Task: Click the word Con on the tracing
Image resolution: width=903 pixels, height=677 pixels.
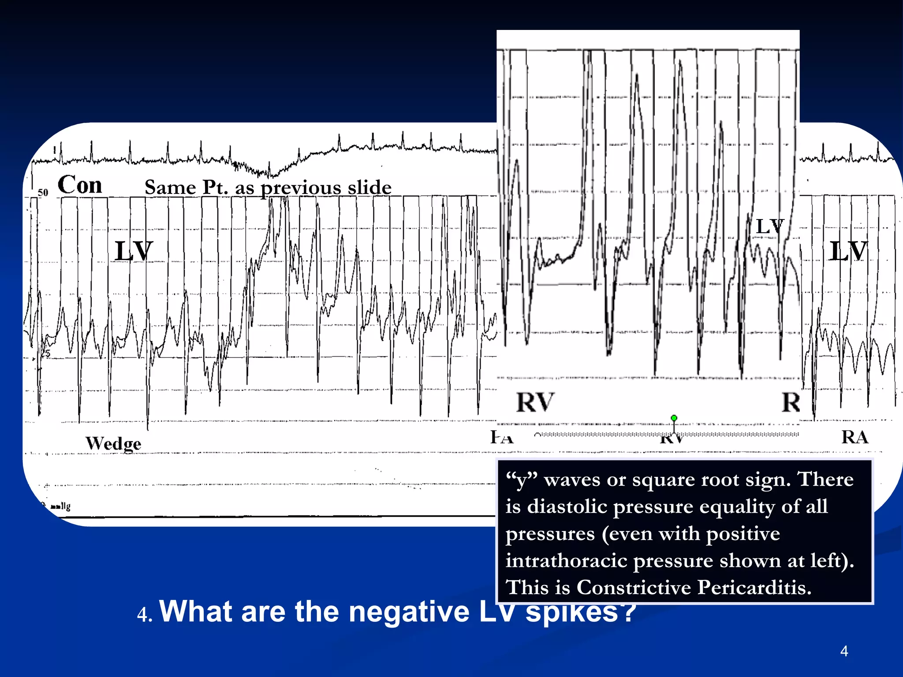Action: click(x=80, y=185)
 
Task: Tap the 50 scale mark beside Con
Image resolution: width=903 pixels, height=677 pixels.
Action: click(x=43, y=193)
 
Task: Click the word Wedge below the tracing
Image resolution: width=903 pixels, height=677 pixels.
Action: click(x=113, y=443)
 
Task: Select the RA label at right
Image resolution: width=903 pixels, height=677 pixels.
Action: click(x=854, y=437)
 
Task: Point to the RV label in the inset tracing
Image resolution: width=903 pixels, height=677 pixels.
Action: click(x=534, y=402)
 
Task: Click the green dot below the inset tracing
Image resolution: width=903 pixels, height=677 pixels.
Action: click(x=674, y=418)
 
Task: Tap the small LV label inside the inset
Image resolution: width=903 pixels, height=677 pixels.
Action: click(x=769, y=227)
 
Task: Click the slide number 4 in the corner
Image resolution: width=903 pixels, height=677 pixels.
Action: click(x=844, y=651)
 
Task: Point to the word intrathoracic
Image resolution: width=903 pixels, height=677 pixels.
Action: click(x=567, y=561)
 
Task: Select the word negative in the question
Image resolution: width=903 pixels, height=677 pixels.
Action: click(x=409, y=612)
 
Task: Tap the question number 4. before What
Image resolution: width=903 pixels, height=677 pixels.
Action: click(x=145, y=614)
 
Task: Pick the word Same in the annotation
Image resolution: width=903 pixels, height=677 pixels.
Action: click(x=170, y=187)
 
